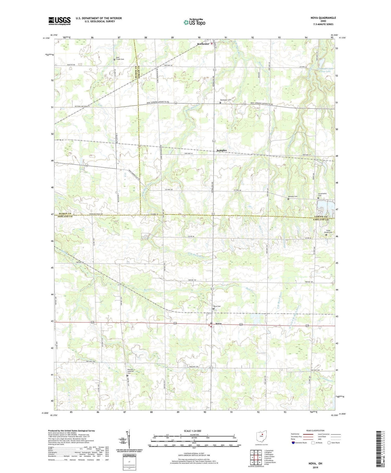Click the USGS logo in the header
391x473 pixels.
click(x=59, y=21)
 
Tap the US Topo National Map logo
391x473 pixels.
click(x=194, y=22)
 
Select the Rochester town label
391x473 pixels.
click(x=203, y=44)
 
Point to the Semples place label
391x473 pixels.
click(x=222, y=150)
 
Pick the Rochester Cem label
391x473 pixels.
click(x=225, y=100)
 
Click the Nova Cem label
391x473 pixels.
click(x=217, y=306)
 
